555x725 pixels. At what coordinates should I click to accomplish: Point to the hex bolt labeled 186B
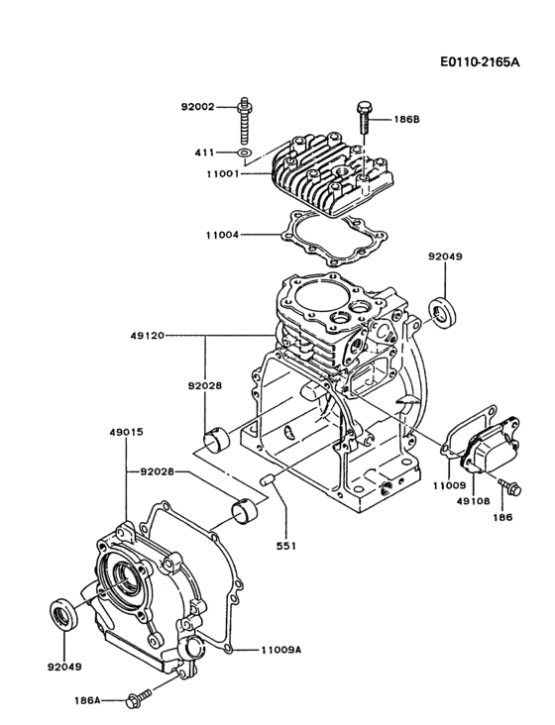pyautogui.click(x=363, y=117)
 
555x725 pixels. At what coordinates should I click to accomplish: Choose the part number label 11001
pyautogui.click(x=224, y=174)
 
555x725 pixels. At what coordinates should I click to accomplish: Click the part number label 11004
pyautogui.click(x=224, y=235)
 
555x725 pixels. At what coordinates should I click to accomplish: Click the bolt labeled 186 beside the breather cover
pyautogui.click(x=511, y=486)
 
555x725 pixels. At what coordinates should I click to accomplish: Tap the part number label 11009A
pyautogui.click(x=281, y=651)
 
